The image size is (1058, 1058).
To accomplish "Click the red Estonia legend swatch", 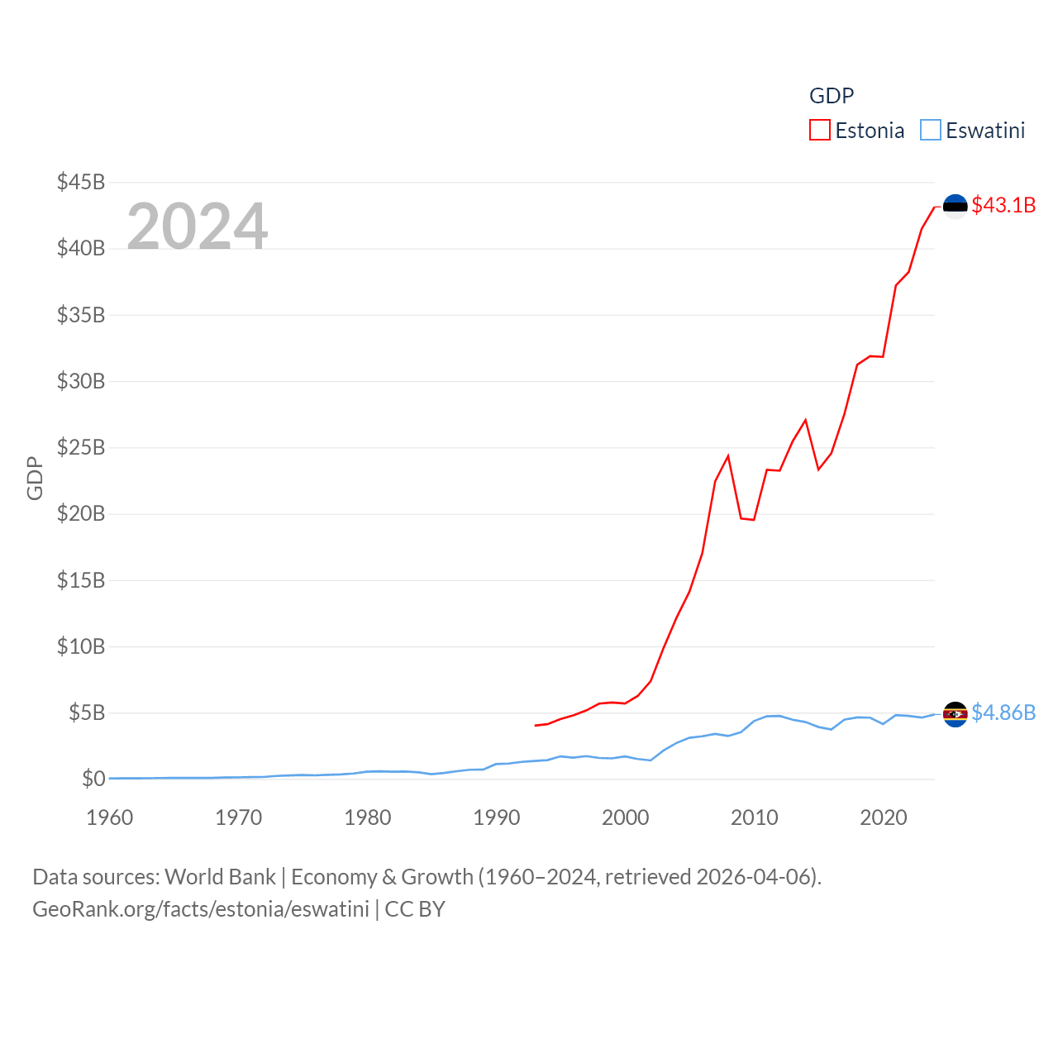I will tap(819, 131).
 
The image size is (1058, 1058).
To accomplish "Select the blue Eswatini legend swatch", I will tap(931, 131).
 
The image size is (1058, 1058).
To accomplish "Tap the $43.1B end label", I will tap(1003, 205).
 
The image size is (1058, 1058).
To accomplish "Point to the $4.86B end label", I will tap(1003, 712).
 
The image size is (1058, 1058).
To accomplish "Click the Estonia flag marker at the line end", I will tap(956, 206).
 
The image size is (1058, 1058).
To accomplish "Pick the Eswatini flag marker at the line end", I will tap(956, 714).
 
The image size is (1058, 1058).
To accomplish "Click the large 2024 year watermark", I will tap(198, 226).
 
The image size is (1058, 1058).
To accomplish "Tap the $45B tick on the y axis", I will tap(81, 182).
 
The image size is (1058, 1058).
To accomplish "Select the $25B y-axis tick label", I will tap(81, 447).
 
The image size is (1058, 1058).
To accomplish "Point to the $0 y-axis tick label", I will tap(93, 779).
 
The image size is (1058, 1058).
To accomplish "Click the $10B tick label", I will tap(81, 646).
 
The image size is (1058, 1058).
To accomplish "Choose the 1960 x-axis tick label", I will tap(110, 817).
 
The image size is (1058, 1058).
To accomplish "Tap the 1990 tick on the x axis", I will tap(497, 817).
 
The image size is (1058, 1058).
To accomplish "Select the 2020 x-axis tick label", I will tap(884, 817).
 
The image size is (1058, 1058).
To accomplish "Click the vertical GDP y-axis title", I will tap(35, 478).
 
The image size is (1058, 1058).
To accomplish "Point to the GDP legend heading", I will tap(832, 96).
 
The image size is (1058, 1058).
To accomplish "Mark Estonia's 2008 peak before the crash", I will tap(728, 456).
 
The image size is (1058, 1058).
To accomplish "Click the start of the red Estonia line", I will tap(536, 725).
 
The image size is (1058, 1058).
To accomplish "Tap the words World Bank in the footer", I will tap(221, 876).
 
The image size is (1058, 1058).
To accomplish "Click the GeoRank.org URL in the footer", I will tap(201, 909).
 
